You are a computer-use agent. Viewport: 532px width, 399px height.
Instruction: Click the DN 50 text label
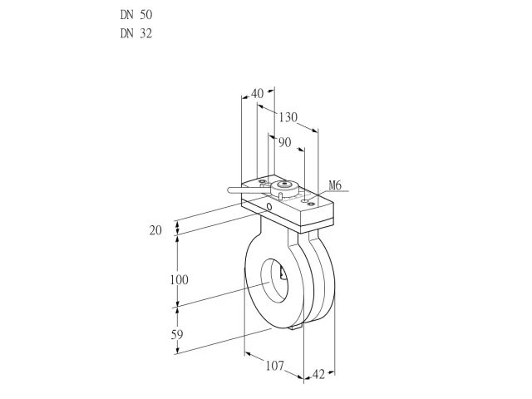click(x=136, y=15)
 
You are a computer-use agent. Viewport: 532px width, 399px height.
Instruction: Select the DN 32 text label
click(x=136, y=33)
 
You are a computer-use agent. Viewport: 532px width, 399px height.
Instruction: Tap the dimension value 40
click(x=258, y=93)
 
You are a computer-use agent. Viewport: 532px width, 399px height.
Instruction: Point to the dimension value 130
click(x=288, y=117)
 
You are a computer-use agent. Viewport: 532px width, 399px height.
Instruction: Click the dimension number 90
click(x=285, y=142)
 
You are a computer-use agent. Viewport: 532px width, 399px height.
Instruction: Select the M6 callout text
click(x=335, y=185)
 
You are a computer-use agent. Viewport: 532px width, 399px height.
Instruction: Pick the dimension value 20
click(x=155, y=230)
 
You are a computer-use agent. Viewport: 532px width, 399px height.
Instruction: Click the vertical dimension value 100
click(x=180, y=280)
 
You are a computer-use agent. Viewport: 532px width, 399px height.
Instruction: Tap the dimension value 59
click(x=177, y=335)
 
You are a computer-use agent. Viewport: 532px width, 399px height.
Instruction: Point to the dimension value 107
click(x=275, y=366)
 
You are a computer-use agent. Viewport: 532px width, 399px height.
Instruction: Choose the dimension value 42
click(x=318, y=374)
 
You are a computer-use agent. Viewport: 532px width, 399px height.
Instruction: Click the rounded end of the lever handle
click(x=230, y=190)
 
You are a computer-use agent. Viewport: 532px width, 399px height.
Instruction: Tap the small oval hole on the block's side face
click(x=269, y=206)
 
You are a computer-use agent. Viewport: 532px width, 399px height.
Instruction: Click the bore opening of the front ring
click(x=274, y=280)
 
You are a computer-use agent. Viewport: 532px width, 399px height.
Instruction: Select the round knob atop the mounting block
click(x=284, y=188)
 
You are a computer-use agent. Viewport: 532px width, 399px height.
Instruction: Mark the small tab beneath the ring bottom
click(x=296, y=327)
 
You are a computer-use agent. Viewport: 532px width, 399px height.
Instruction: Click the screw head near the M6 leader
click(x=311, y=204)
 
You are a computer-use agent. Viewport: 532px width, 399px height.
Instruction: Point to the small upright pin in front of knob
click(x=281, y=195)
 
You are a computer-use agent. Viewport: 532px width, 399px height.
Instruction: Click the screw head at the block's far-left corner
click(x=263, y=183)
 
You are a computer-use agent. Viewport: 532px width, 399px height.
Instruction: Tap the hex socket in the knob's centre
click(x=285, y=185)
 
